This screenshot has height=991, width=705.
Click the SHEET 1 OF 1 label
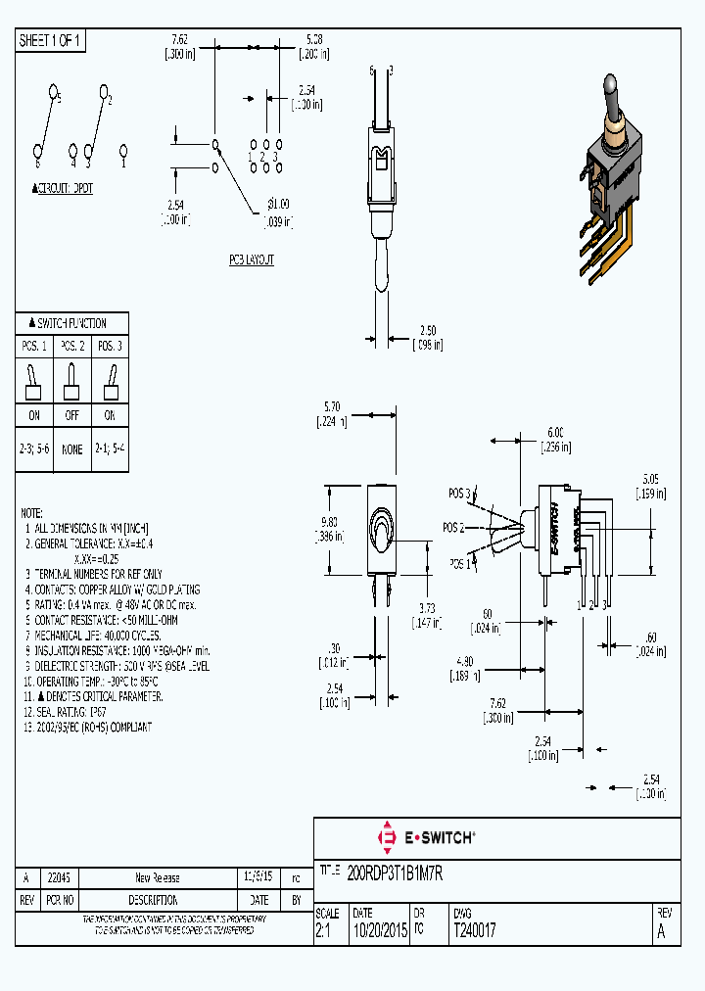[x=51, y=41]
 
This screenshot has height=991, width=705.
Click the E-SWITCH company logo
[x=426, y=837]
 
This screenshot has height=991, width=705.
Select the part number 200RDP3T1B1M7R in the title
[x=396, y=874]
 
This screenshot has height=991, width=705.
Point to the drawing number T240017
[x=474, y=931]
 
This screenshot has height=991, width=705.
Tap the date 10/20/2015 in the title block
[x=379, y=931]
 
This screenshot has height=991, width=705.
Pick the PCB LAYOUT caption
[x=252, y=260]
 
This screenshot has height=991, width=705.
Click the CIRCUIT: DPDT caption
[x=63, y=189]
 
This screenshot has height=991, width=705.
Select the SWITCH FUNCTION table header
[x=71, y=323]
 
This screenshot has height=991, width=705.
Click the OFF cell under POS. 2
[x=71, y=415]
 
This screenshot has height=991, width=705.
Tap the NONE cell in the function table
[x=71, y=449]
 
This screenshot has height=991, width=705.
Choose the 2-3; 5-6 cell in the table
[x=34, y=449]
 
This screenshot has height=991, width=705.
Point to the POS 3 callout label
[x=460, y=493]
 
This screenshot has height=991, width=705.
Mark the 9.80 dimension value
[x=333, y=523]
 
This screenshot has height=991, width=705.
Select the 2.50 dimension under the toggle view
[x=427, y=332]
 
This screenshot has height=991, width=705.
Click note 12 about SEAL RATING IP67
[x=71, y=712]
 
